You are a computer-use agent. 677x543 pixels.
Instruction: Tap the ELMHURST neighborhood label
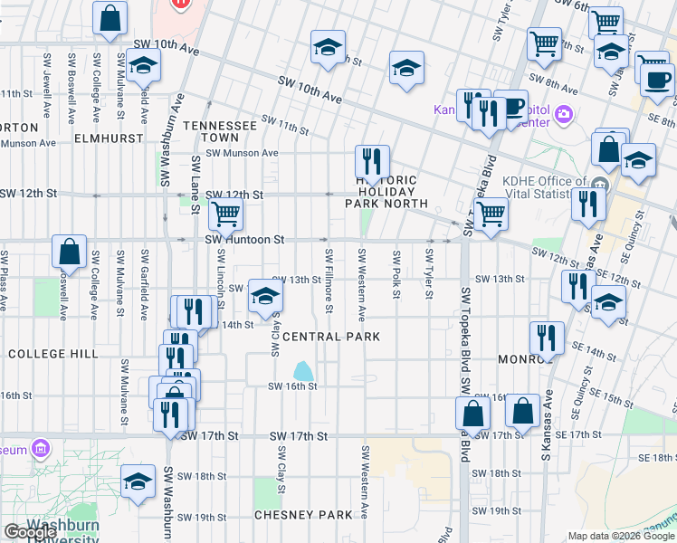click(x=109, y=138)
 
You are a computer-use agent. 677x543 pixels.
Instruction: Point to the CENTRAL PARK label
click(x=330, y=337)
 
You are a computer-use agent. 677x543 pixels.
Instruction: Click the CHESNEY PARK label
click(x=302, y=515)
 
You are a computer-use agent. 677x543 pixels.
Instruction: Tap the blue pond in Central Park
click(x=303, y=371)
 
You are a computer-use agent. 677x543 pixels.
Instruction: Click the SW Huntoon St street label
click(x=244, y=240)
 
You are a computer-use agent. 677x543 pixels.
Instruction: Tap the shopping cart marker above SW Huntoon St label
click(x=225, y=215)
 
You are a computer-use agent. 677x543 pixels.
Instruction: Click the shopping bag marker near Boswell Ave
click(x=69, y=252)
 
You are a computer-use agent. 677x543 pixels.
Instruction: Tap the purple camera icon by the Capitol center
click(x=564, y=114)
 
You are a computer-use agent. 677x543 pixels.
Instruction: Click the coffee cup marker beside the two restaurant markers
click(x=511, y=107)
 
